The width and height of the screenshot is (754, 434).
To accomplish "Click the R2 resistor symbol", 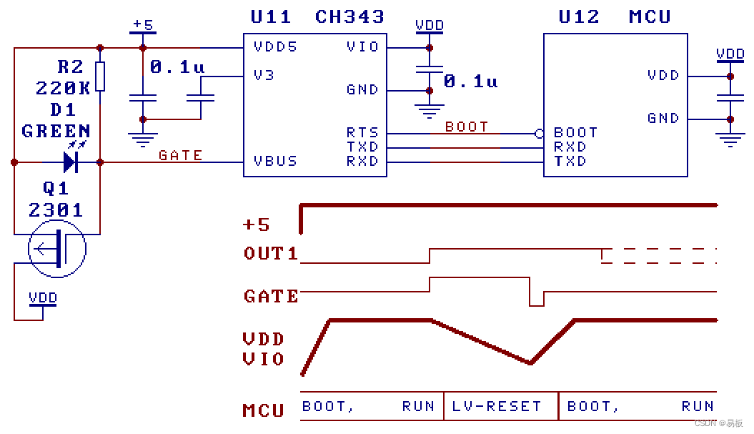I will click(x=100, y=77).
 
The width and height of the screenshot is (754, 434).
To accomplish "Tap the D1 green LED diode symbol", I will click(x=70, y=162).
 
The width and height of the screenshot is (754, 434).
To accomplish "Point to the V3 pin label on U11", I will click(x=264, y=75).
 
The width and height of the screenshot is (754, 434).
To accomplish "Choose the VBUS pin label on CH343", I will click(x=275, y=162).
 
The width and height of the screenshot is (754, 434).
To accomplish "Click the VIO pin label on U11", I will click(x=362, y=47).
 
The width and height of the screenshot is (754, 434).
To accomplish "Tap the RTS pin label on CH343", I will click(x=362, y=133).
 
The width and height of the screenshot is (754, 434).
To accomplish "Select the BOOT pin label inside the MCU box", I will click(x=575, y=133).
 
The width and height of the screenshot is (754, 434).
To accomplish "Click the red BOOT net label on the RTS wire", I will click(x=467, y=127).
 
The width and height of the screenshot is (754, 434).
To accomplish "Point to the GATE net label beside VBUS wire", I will click(x=180, y=155).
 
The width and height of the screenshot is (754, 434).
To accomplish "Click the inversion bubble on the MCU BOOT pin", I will click(x=539, y=133).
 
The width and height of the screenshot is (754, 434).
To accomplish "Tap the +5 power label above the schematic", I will click(x=143, y=25).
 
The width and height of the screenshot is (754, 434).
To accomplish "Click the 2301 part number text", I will click(x=56, y=210).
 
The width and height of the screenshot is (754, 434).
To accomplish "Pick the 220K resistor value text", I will click(x=63, y=88).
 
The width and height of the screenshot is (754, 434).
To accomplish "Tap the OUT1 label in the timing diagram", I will click(x=270, y=253).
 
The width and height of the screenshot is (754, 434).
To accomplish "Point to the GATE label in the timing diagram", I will click(x=271, y=296).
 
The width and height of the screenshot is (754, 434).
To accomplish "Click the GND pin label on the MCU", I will click(x=663, y=119).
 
